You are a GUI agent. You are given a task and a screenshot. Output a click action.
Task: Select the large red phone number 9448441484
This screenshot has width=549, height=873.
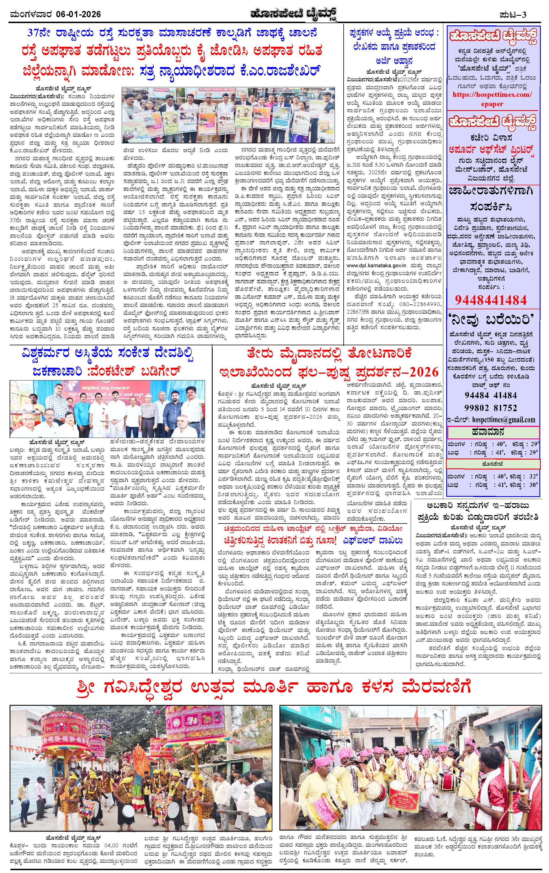[491, 300]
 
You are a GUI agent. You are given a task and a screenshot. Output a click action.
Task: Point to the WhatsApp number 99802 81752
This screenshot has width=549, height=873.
[491, 407]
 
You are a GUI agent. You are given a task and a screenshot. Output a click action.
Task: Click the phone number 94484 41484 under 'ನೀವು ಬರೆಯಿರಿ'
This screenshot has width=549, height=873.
[491, 395]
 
